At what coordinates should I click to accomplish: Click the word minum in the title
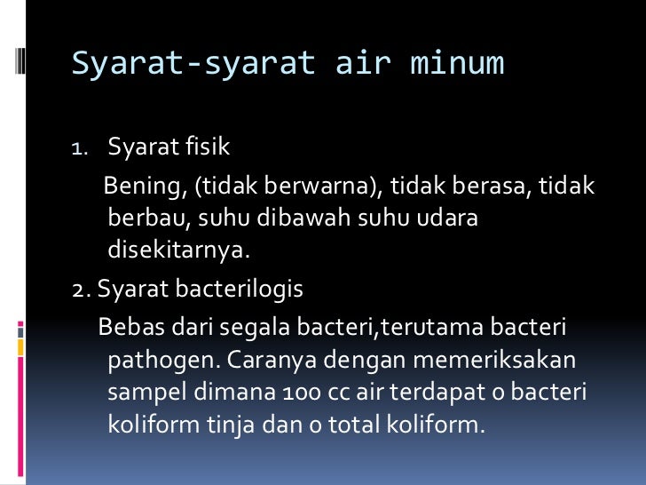(457, 64)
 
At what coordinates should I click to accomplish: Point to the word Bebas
(128, 330)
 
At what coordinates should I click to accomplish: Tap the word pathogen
(156, 362)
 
